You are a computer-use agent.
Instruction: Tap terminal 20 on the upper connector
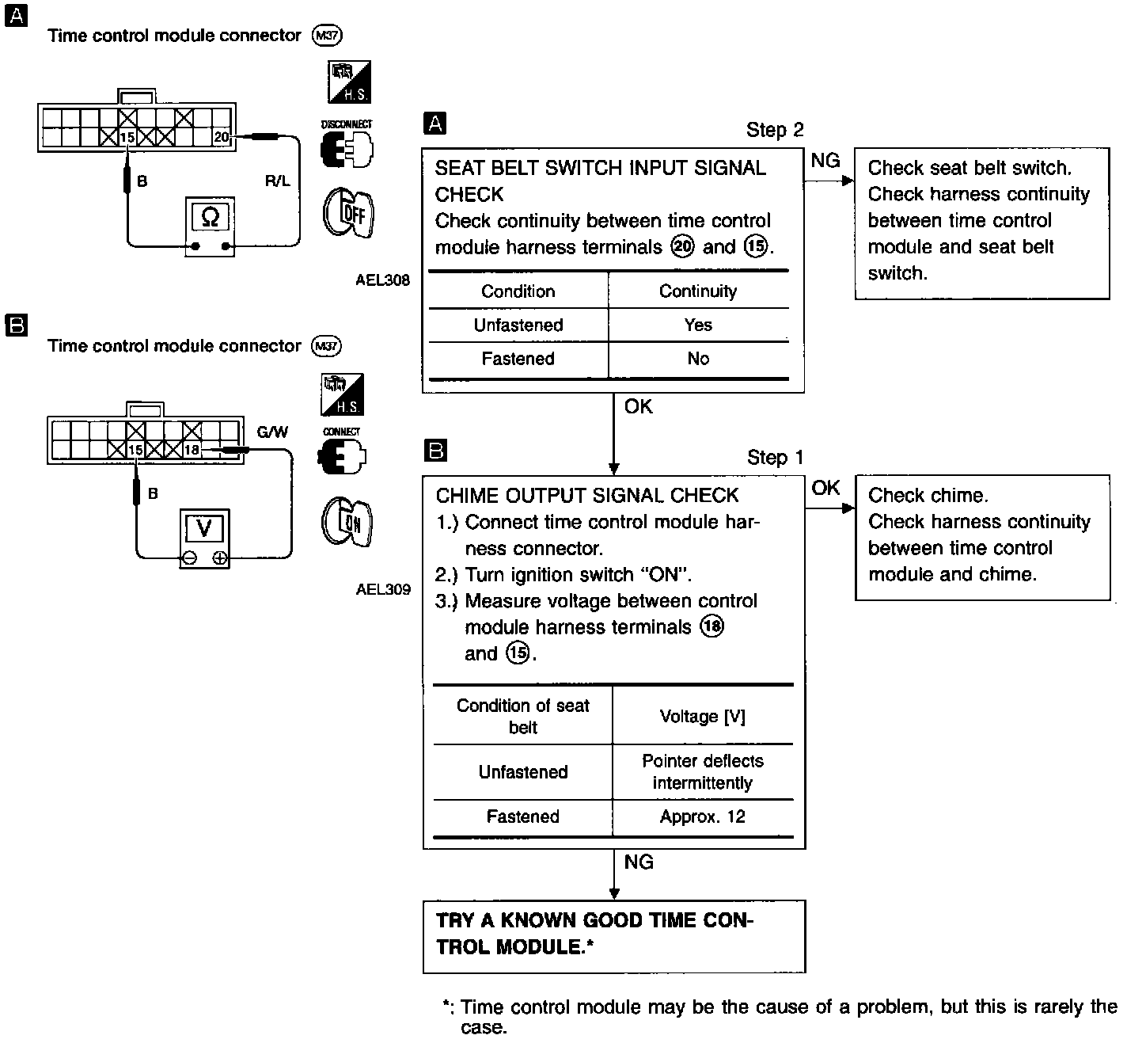222,138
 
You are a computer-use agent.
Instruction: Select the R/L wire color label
277,181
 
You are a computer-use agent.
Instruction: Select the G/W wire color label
272,432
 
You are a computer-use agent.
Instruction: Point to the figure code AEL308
383,280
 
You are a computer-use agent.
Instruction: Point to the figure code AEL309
383,589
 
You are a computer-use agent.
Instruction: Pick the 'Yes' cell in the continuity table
698,325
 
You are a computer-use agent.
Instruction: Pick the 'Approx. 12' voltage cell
703,816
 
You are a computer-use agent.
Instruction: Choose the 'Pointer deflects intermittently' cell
703,771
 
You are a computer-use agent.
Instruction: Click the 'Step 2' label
774,130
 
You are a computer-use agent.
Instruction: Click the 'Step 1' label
774,458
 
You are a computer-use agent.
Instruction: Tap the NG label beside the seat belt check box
825,161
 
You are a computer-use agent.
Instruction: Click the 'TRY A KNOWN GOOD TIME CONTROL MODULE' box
614,934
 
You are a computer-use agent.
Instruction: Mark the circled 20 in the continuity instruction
682,247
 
